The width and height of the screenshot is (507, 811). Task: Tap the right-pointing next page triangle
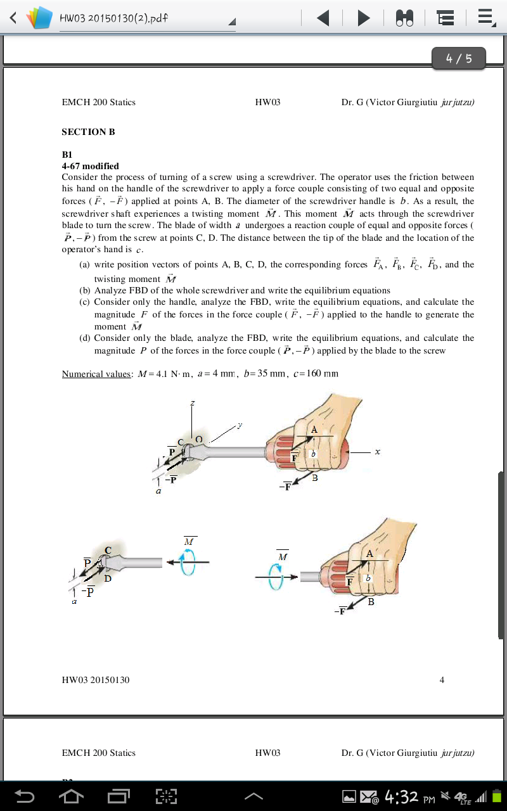point(363,18)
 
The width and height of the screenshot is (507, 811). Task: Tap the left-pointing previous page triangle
point(323,18)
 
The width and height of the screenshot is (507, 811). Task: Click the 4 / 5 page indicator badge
point(459,58)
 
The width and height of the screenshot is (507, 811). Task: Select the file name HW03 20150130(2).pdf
point(113,18)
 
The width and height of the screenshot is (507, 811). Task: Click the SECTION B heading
point(88,132)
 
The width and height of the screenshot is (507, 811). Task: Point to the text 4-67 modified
point(90,166)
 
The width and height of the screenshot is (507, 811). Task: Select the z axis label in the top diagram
point(193,403)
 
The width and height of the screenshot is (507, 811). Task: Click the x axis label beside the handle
point(377,452)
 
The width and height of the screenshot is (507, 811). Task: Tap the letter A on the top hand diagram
point(314,429)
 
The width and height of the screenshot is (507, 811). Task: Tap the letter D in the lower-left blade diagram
point(108,578)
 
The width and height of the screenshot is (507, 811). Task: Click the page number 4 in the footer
point(442,680)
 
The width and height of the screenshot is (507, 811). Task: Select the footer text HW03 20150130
point(95,680)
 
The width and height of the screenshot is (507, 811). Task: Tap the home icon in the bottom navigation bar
point(71,796)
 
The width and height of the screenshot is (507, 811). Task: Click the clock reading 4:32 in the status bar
point(401,796)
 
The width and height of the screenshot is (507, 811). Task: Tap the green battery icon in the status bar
point(497,796)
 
